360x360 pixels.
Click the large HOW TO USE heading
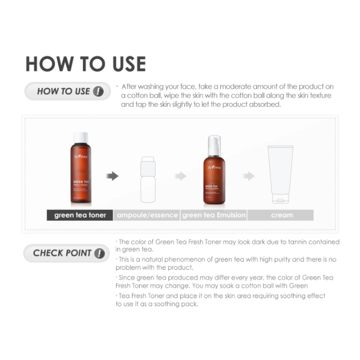coord(85,64)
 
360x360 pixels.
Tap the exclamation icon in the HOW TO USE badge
coord(98,91)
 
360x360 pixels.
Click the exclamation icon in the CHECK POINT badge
coord(99,253)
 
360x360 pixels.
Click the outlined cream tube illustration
coord(281,175)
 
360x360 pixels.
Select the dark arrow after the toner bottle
coord(112,176)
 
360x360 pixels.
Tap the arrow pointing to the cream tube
coord(248,176)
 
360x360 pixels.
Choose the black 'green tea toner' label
coord(80,215)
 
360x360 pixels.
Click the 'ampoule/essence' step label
coord(147,215)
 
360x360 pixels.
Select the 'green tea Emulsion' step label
coord(214,215)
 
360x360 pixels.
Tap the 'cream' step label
coord(281,215)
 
